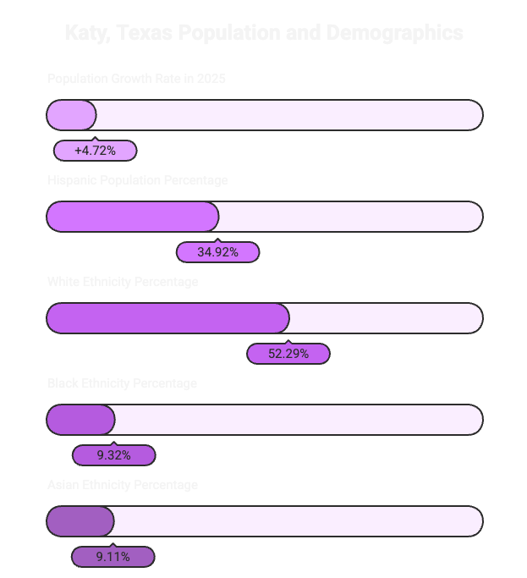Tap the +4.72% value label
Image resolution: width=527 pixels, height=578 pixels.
coord(95,151)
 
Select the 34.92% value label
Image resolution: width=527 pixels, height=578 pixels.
coord(217,252)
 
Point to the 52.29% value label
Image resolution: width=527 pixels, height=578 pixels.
coord(288,354)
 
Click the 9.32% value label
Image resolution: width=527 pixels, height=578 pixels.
coord(113,455)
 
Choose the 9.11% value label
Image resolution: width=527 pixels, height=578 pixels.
coord(113,557)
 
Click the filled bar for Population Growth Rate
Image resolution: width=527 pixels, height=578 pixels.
coord(72,115)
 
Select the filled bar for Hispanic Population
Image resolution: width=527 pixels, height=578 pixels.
coord(133,217)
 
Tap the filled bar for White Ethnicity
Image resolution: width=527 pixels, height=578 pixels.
coord(167,318)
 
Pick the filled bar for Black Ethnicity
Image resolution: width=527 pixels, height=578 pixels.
coord(80,420)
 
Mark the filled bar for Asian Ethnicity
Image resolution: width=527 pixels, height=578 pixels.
coord(80,521)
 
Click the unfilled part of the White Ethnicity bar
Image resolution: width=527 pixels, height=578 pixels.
coord(385,318)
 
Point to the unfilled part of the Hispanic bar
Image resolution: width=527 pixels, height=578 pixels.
coord(350,217)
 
